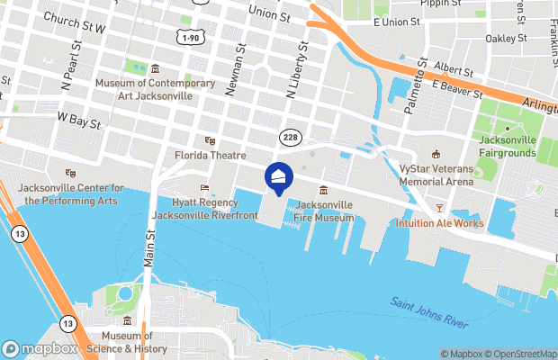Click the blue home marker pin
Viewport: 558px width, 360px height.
(278, 178)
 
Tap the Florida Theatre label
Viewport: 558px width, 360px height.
(210, 156)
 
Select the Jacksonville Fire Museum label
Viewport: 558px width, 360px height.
(323, 211)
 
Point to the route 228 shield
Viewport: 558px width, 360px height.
(289, 135)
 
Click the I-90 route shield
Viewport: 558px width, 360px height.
(190, 37)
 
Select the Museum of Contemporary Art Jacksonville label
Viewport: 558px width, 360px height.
(157, 89)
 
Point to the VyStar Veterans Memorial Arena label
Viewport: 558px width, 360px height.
(436, 175)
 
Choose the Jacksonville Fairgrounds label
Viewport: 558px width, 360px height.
(508, 147)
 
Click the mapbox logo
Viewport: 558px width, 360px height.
(40, 349)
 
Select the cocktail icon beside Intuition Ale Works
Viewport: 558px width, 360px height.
(440, 209)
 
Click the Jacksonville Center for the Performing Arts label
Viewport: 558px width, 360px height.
(69, 194)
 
